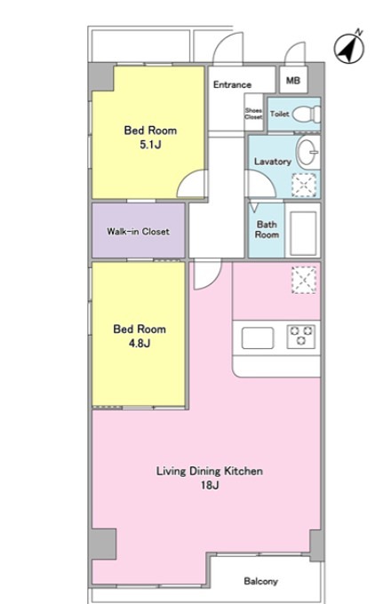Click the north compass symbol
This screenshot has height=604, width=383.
[x=349, y=48]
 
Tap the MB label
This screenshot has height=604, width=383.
[x=293, y=81]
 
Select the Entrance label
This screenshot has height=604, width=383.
[x=232, y=84]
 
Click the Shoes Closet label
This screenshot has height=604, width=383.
[x=253, y=114]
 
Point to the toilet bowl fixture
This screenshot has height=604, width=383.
[x=307, y=114]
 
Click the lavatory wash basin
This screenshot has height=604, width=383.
[x=308, y=152]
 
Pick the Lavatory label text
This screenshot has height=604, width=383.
[x=273, y=162]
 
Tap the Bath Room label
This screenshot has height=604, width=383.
[x=267, y=229]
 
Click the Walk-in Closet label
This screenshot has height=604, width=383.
[x=138, y=232]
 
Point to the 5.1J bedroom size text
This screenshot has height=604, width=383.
[x=150, y=145]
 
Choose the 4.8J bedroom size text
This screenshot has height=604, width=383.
[x=140, y=343]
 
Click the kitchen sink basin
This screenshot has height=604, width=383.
[x=258, y=338]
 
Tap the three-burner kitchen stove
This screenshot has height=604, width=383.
[x=301, y=337]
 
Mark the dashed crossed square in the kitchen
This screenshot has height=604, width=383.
[x=304, y=280]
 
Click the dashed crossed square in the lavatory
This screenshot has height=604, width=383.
[x=304, y=186]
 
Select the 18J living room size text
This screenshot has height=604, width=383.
[x=210, y=485]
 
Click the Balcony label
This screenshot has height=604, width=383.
[x=261, y=581]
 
